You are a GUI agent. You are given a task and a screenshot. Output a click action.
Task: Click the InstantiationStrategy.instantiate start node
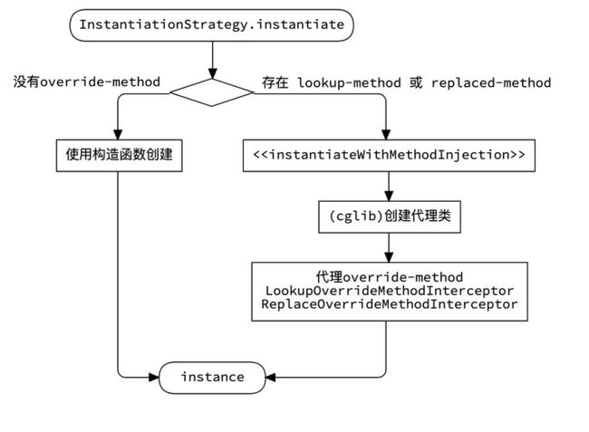point(211,25)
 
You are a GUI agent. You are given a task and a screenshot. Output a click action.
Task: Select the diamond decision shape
point(212,92)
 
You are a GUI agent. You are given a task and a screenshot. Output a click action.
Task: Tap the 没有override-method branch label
point(87,82)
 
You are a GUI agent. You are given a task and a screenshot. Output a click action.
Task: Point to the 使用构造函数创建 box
point(119,156)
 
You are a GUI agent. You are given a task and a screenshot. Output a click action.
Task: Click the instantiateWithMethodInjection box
point(389,156)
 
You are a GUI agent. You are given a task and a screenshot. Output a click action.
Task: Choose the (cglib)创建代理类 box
point(390,216)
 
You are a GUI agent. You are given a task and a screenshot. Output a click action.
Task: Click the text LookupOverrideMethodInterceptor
point(389,291)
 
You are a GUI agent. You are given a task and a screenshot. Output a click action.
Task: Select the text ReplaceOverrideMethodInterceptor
point(389,304)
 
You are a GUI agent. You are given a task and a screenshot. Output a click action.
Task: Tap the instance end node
point(212,377)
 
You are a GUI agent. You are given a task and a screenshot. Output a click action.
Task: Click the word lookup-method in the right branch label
point(350,82)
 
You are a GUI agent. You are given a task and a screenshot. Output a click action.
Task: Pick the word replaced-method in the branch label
point(491,82)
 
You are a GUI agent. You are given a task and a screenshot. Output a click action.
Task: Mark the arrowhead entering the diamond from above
point(213,73)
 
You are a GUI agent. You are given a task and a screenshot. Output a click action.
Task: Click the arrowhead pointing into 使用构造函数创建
point(118,135)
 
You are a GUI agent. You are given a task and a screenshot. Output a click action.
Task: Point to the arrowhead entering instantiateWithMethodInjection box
point(386,135)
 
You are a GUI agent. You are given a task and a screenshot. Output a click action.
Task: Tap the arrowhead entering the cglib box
point(389,196)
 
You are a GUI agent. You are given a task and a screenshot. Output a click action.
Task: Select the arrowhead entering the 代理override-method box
point(389,257)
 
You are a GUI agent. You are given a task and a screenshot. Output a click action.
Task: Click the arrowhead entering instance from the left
point(154,377)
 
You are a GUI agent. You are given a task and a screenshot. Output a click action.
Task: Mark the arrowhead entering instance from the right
point(271,377)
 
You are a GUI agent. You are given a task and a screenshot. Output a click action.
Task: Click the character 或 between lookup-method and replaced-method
point(416,82)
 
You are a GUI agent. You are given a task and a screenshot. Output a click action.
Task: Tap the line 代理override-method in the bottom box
point(389,277)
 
